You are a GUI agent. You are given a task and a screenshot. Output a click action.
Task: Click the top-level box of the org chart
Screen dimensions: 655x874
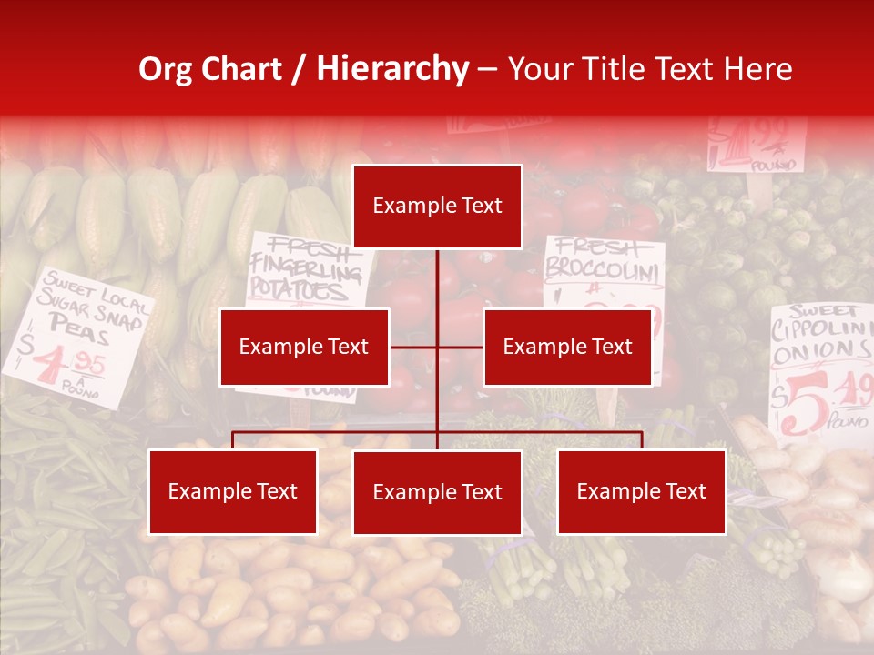point(437,207)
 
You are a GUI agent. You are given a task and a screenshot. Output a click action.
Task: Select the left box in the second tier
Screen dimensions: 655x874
point(304,347)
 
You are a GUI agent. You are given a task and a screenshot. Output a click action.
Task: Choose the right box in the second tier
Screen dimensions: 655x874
point(567,347)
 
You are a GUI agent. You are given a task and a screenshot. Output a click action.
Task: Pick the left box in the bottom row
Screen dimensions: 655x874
point(233,491)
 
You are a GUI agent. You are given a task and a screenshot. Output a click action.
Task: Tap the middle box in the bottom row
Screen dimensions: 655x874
point(437,492)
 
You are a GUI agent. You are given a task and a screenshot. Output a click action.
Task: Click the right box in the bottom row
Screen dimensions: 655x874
point(641,491)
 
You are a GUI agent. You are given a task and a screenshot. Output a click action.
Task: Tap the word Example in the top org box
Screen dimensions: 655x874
point(406,207)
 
